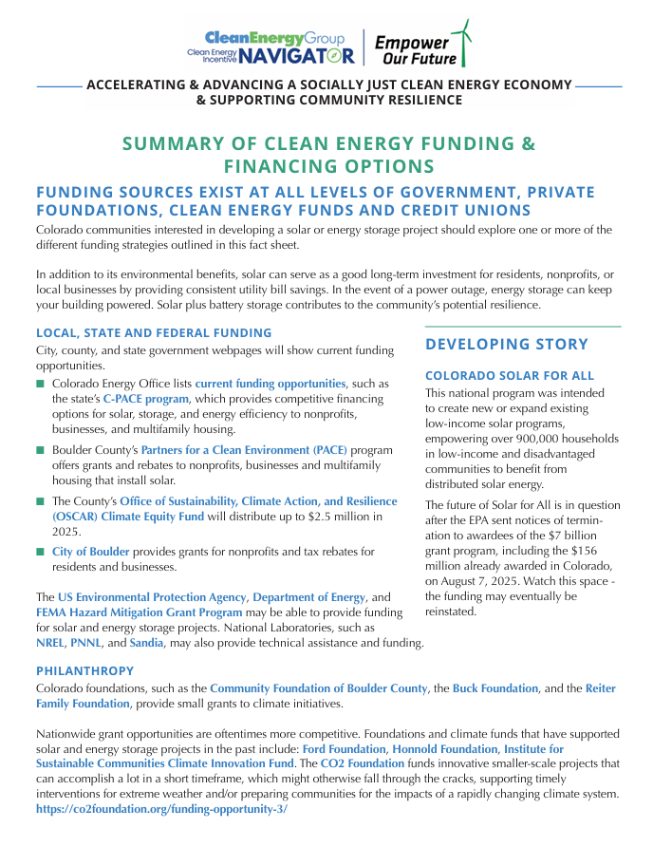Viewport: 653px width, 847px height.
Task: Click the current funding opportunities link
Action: coord(271,384)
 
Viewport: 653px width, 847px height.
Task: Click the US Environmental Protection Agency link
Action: coord(152,597)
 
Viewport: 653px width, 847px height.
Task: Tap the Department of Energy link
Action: coord(308,597)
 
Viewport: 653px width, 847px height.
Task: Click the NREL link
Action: coord(52,643)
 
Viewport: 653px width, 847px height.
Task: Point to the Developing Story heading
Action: coord(506,344)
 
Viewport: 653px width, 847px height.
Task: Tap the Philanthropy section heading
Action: coord(84,670)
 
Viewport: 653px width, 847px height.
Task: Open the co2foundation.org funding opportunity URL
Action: coord(161,809)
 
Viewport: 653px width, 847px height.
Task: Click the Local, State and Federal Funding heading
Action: coord(154,333)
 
